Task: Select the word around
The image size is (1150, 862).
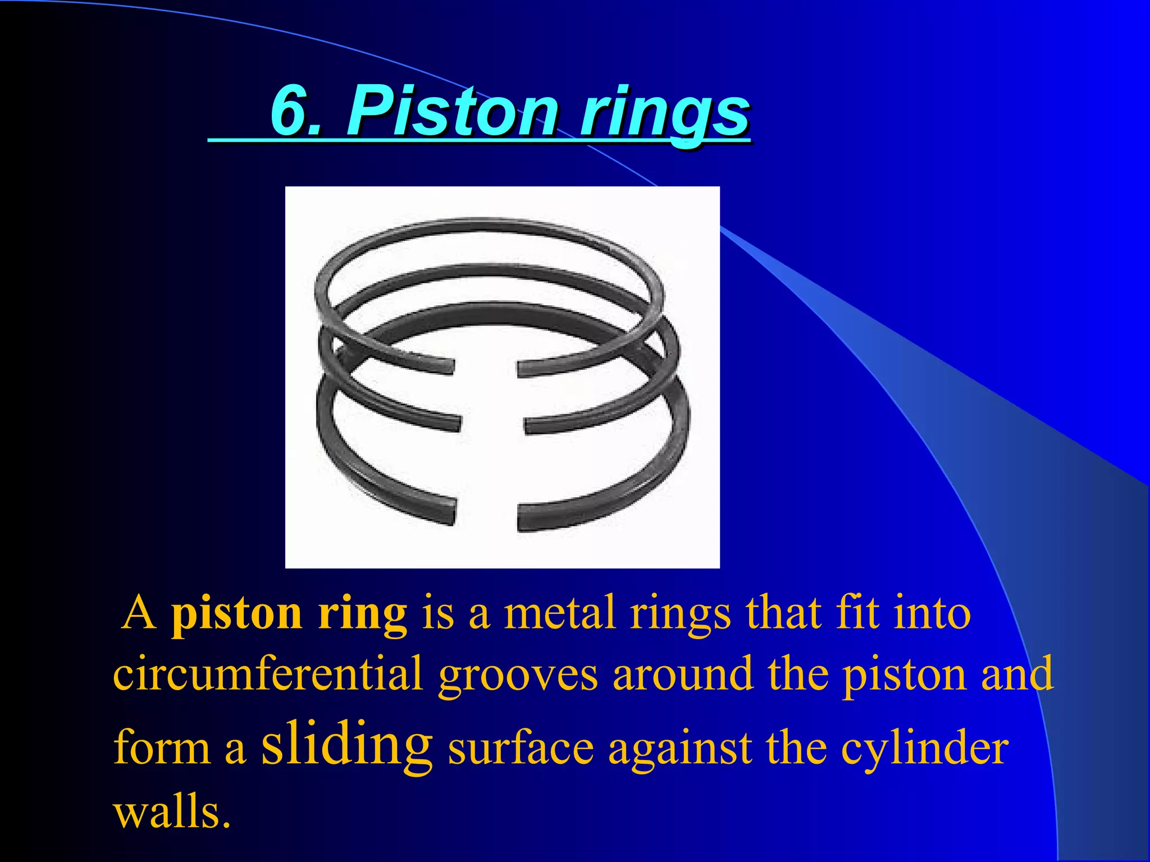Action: pos(682,673)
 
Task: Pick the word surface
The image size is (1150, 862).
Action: pos(521,749)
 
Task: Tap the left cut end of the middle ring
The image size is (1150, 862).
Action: pos(455,424)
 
